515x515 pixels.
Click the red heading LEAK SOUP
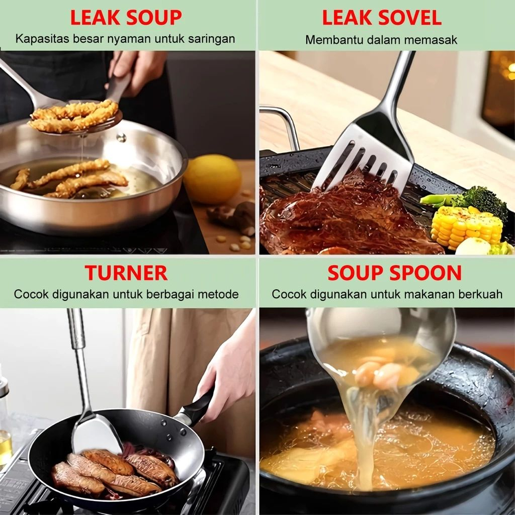pos(126,18)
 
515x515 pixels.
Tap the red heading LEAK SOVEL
pos(381,18)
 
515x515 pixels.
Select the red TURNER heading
pos(126,273)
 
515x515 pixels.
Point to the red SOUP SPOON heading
pos(394,273)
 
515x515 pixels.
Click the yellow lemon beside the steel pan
pos(212,179)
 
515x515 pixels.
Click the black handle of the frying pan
pos(196,406)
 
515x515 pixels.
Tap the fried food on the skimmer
pos(73,115)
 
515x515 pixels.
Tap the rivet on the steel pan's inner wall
pos(121,137)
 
